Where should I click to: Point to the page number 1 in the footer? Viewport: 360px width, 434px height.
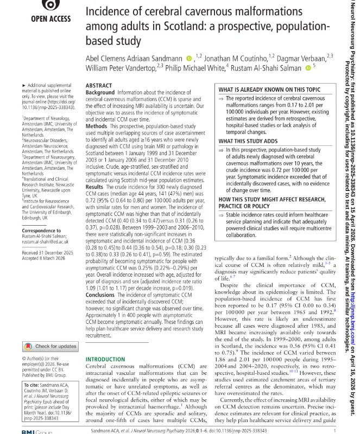coord(335,429)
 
